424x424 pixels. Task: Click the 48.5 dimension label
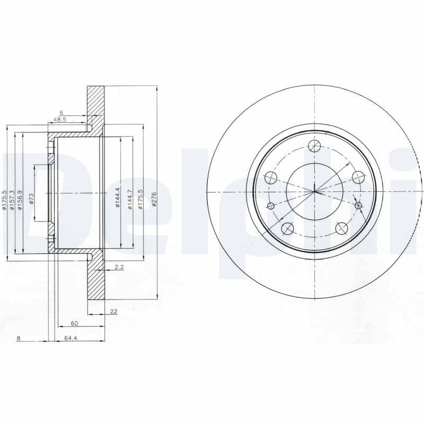pyautogui.click(x=60, y=120)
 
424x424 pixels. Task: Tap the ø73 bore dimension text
pyautogui.click(x=32, y=199)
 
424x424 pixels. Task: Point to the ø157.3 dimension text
pyautogui.click(x=12, y=201)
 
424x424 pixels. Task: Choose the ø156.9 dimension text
pyautogui.click(x=20, y=200)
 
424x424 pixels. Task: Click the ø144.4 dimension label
pyautogui.click(x=118, y=197)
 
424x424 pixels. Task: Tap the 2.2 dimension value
pyautogui.click(x=119, y=268)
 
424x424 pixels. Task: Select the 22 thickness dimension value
pyautogui.click(x=113, y=312)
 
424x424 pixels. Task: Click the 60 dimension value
pyautogui.click(x=74, y=323)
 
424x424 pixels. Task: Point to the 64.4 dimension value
pyautogui.click(x=71, y=338)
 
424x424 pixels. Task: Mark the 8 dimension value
pyautogui.click(x=19, y=338)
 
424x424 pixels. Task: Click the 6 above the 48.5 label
pyautogui.click(x=61, y=112)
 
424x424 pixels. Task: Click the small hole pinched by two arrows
pyautogui.click(x=358, y=206)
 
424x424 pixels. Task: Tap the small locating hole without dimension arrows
pyautogui.click(x=271, y=206)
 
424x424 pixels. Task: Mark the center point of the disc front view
pyautogui.click(x=314, y=191)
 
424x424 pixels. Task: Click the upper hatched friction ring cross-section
pyautogui.click(x=96, y=106)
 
